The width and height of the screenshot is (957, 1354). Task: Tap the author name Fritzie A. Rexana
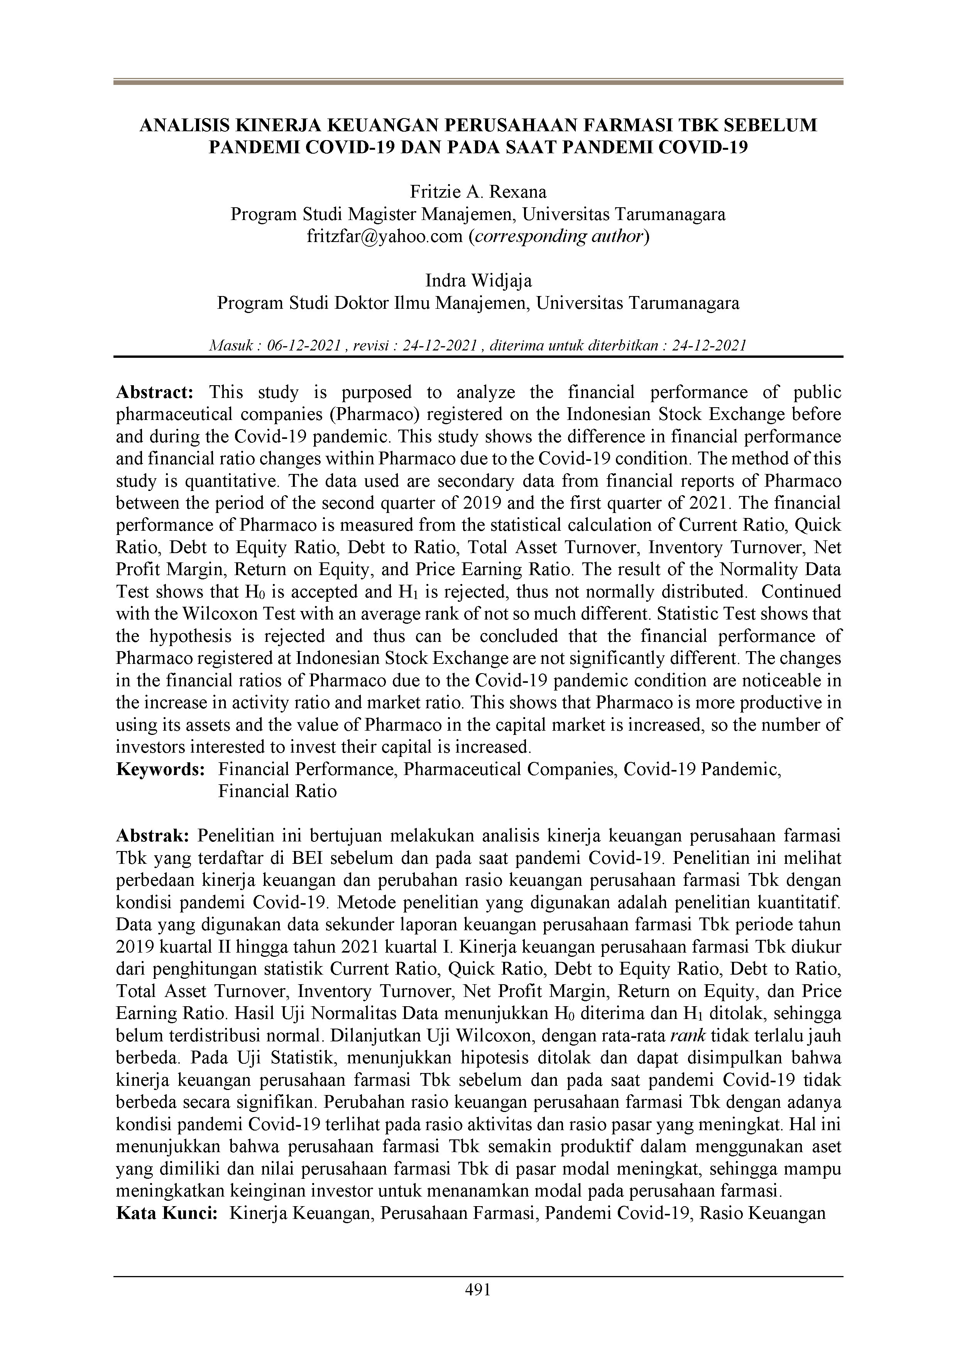point(478,192)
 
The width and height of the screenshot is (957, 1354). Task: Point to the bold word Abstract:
point(154,392)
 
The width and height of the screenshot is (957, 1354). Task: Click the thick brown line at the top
point(478,82)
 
